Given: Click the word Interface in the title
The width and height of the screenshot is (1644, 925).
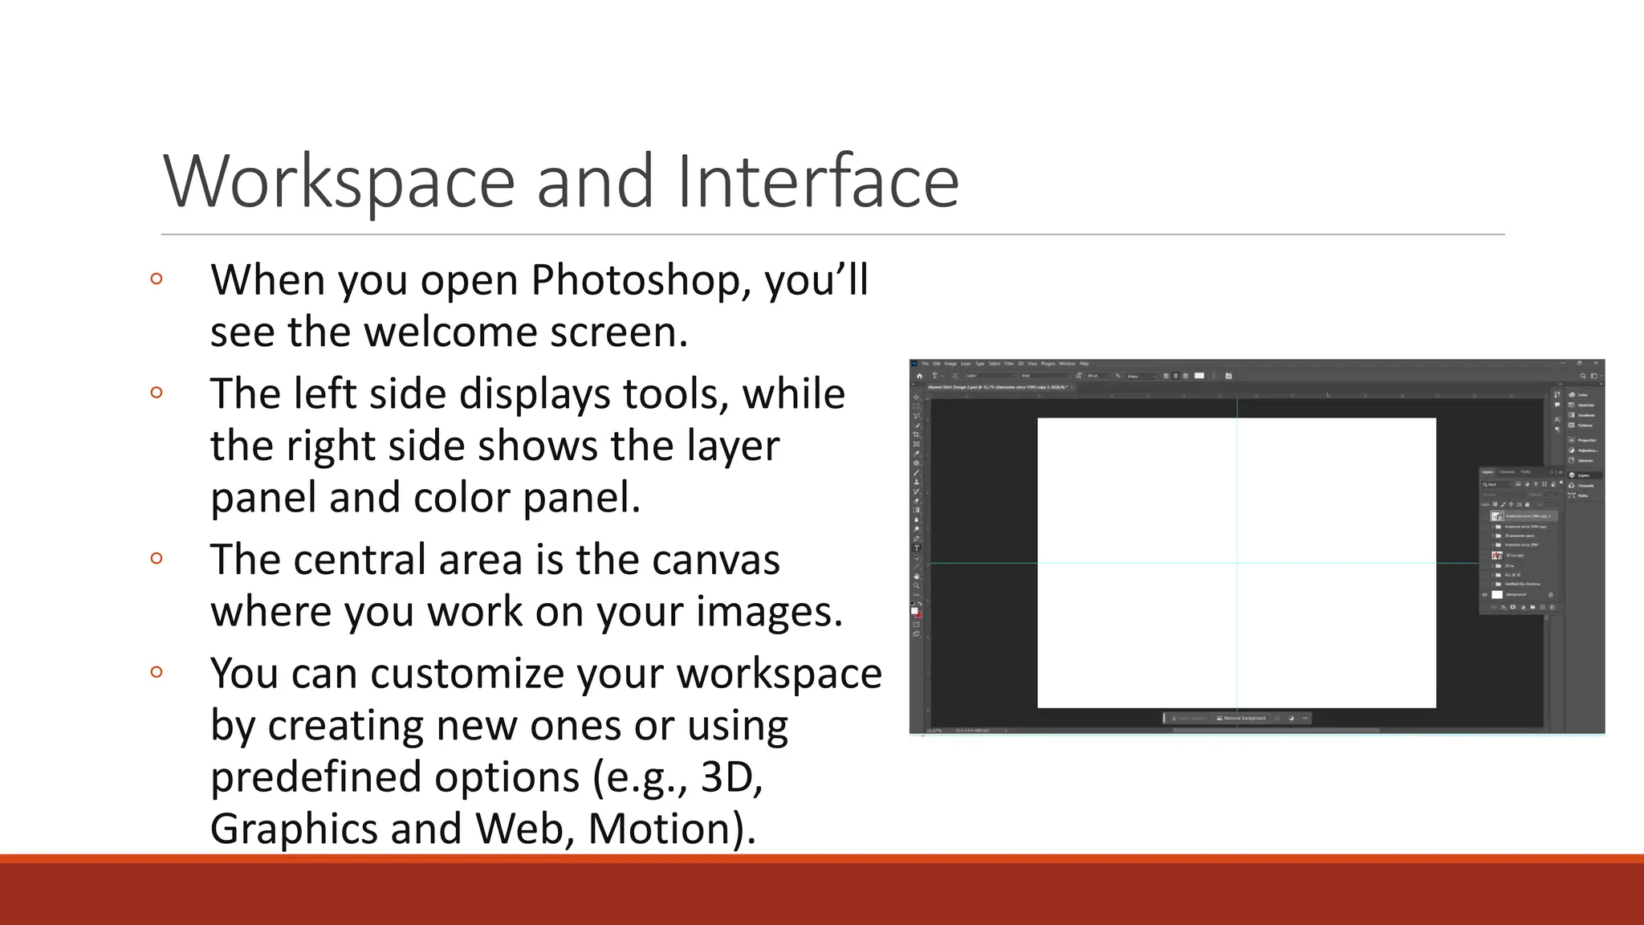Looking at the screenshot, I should tap(817, 182).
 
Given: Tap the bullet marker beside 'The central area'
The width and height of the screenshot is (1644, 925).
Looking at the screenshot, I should tap(157, 558).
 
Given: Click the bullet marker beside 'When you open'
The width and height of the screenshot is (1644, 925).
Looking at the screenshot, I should tap(157, 279).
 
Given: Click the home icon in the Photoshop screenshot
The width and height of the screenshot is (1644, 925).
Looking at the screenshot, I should tap(920, 376).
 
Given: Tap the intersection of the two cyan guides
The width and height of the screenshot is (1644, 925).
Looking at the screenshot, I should tap(1237, 563).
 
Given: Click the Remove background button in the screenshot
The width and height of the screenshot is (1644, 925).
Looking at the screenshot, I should tap(1242, 718).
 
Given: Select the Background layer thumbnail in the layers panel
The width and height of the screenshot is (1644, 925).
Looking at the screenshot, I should tap(1497, 595).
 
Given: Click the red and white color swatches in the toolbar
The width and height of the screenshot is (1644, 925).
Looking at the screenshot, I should tap(916, 613).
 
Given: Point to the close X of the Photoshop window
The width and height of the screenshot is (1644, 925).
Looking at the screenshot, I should tap(1596, 364).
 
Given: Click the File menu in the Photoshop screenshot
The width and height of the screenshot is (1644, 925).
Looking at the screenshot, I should tap(926, 364).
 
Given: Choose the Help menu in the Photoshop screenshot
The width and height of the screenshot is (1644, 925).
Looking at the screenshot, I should tap(1084, 364).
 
